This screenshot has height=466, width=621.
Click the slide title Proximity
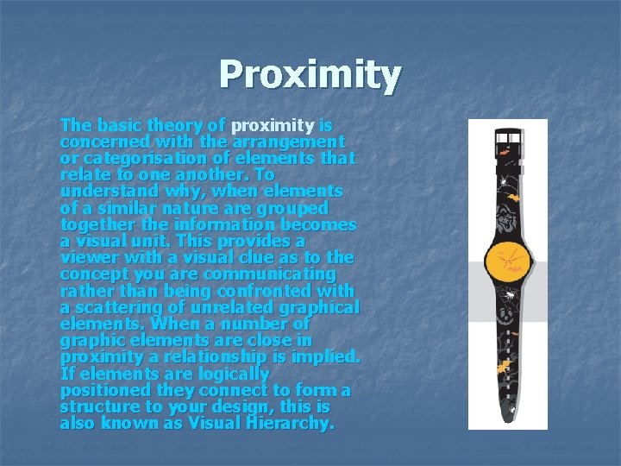310,75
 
